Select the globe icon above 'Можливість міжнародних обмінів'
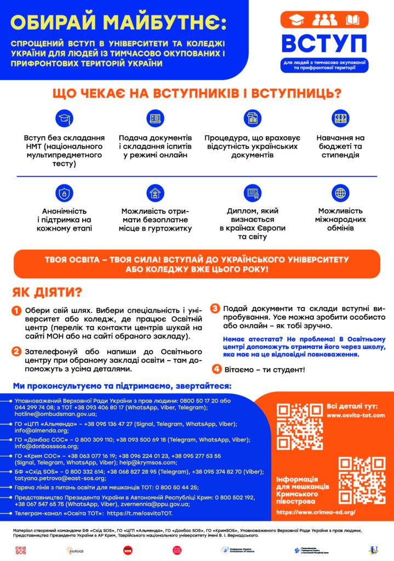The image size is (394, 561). click(x=340, y=193)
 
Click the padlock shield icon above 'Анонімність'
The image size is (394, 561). click(x=64, y=193)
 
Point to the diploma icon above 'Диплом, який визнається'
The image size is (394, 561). click(x=253, y=193)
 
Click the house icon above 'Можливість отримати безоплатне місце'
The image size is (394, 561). click(x=156, y=193)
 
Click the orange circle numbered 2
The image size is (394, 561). click(x=17, y=352)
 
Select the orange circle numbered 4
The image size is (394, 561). click(x=218, y=369)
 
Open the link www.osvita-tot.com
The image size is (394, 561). click(x=356, y=415)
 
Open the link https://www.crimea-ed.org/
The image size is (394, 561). click(x=316, y=512)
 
